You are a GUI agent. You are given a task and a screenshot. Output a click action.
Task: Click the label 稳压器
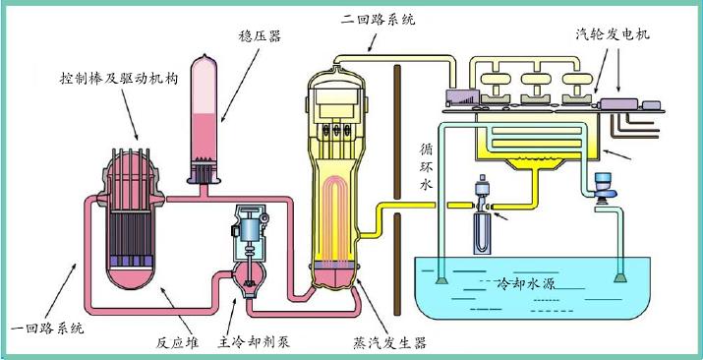(x=261, y=35)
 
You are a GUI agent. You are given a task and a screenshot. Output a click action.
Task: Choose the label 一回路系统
(x=44, y=327)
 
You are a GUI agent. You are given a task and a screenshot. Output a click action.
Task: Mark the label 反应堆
(x=179, y=342)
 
